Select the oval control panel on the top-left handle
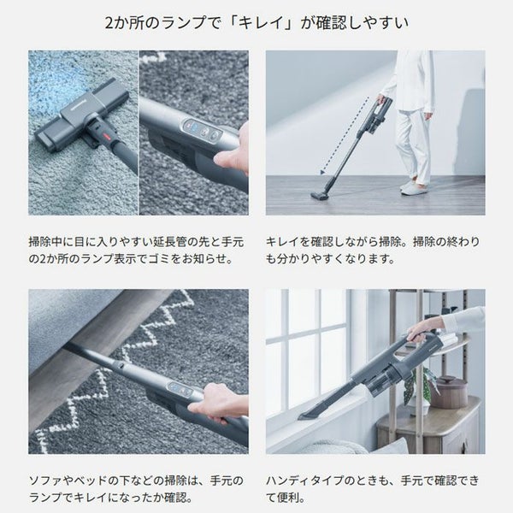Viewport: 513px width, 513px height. (200, 130)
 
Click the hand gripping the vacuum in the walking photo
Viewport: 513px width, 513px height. (381, 98)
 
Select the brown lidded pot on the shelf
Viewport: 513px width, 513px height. (448, 392)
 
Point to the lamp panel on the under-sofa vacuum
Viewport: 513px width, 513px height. (180, 388)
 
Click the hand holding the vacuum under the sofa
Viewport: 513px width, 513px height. (216, 404)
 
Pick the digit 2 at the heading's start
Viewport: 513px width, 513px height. (109, 23)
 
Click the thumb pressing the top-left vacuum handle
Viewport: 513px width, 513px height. (226, 161)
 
